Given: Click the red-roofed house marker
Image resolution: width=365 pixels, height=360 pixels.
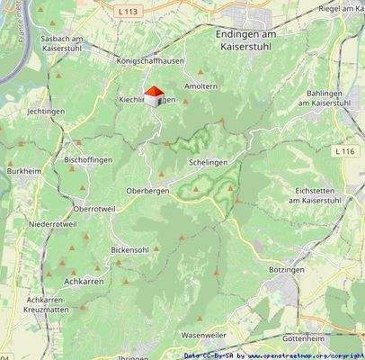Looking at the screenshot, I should (153, 96).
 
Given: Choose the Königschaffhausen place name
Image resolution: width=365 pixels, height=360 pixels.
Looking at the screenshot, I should (148, 61).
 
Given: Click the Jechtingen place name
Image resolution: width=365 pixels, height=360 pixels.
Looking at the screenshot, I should (46, 111).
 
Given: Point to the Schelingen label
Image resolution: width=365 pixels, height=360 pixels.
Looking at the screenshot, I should (208, 162).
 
